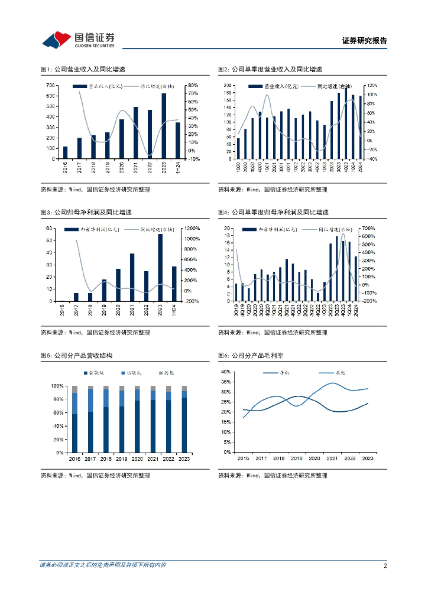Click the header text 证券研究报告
[x=364, y=41]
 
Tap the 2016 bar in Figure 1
[x=65, y=152]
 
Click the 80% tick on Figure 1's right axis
[x=193, y=86]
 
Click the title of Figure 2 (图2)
[x=270, y=70]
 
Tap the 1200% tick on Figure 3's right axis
[x=192, y=228]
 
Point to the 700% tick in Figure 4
[x=368, y=228]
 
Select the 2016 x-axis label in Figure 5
[x=74, y=458]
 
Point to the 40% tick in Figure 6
[x=225, y=372]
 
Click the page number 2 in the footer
[x=385, y=565]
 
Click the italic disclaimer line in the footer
[x=103, y=565]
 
